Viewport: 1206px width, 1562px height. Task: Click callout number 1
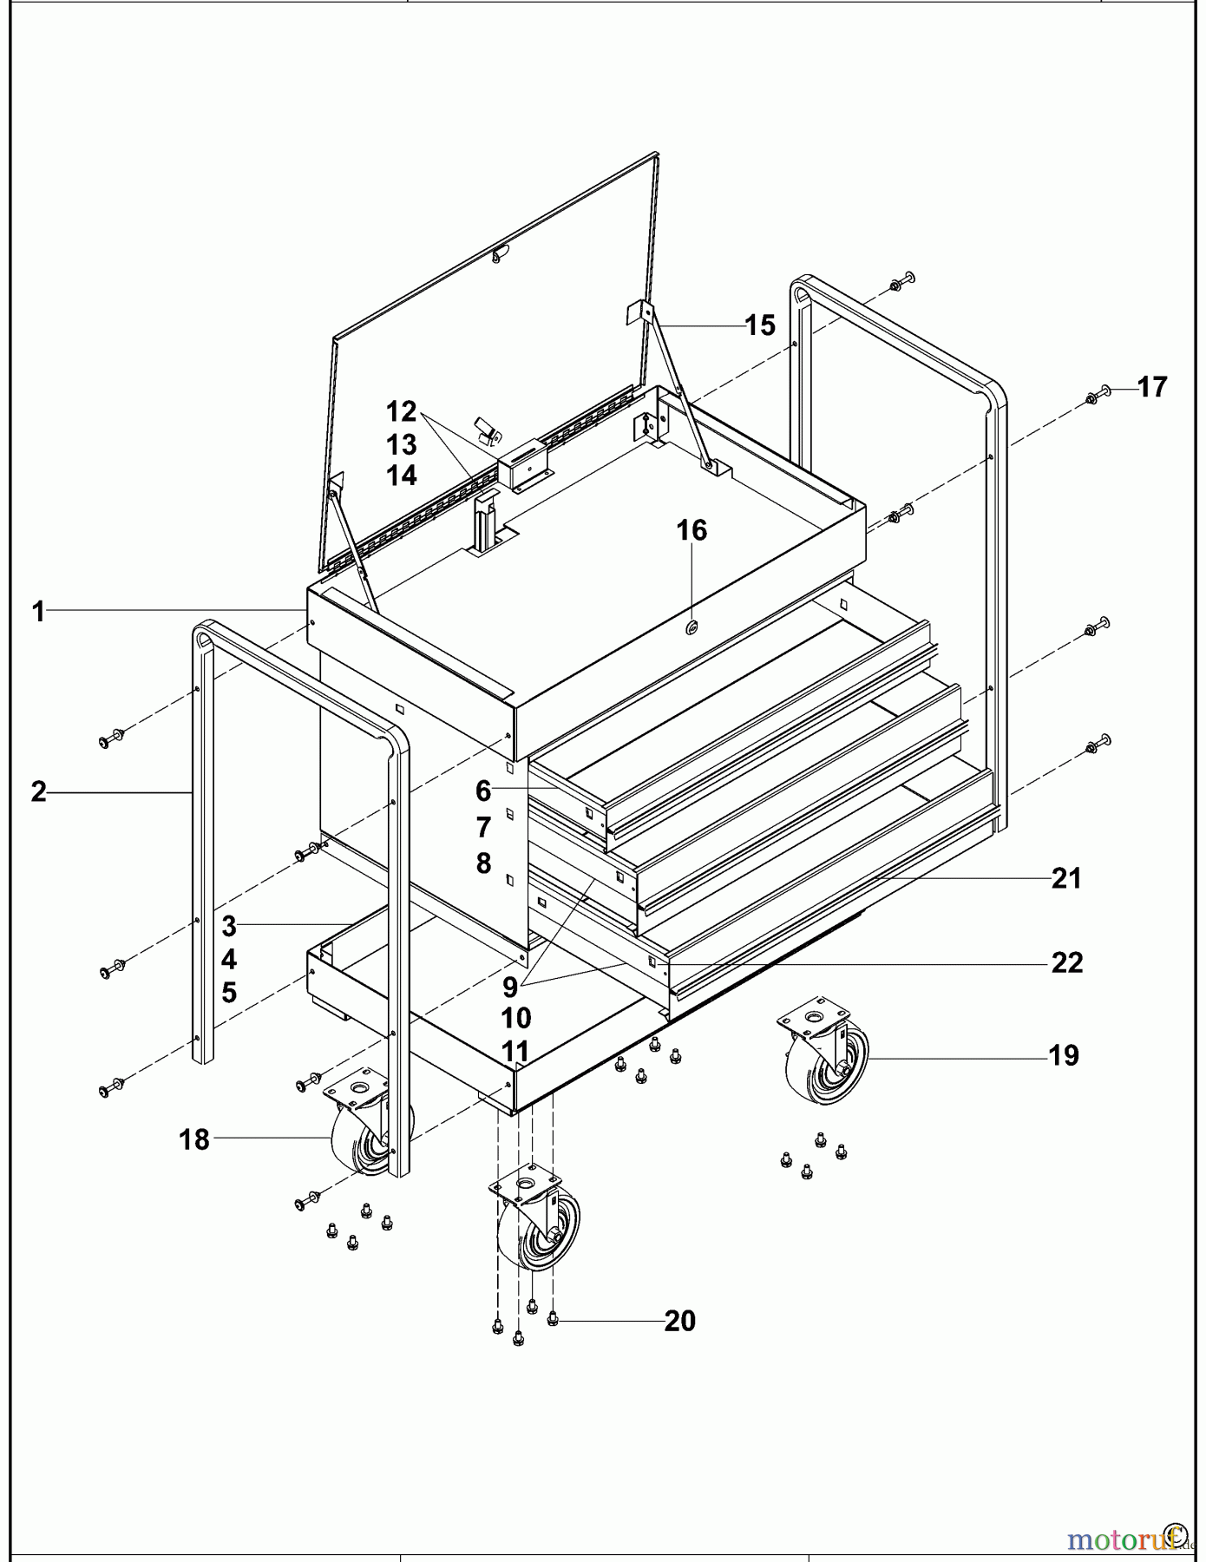click(x=38, y=612)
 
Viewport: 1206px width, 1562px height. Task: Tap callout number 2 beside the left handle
click(x=38, y=791)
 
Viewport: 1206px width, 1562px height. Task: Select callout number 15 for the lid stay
click(x=760, y=325)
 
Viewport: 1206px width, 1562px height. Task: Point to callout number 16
click(x=691, y=530)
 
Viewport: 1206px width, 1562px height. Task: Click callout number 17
click(x=1152, y=387)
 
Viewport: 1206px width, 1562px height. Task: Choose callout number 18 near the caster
click(x=194, y=1139)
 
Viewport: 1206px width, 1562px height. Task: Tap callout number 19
click(x=1064, y=1056)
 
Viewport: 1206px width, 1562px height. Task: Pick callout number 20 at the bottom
click(x=680, y=1321)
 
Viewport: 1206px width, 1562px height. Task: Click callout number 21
click(x=1066, y=879)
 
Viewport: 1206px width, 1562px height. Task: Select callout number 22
click(x=1067, y=962)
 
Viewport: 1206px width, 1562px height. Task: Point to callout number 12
click(x=402, y=410)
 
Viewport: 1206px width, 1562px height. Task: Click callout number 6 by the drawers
click(x=483, y=791)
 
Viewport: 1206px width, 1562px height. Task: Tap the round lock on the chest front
click(x=692, y=627)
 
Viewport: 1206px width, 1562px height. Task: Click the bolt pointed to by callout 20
click(x=553, y=1321)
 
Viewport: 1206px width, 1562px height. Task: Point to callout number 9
click(x=510, y=987)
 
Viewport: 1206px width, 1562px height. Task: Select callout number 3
click(x=229, y=926)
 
